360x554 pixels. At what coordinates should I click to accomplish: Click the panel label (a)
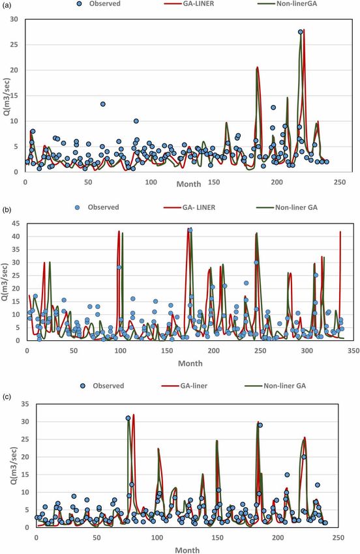click(7, 7)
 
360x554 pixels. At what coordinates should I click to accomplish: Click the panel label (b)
click(7, 209)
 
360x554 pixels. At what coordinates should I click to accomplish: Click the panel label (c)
click(7, 396)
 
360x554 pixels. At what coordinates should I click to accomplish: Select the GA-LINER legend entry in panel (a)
click(188, 4)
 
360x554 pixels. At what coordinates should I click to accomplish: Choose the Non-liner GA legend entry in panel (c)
click(275, 386)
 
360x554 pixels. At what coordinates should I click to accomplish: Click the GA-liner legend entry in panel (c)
click(185, 386)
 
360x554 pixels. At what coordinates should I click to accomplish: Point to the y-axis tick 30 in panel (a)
click(14, 19)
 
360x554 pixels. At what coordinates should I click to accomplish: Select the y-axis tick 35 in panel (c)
click(24, 404)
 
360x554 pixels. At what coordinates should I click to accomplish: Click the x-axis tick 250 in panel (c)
click(338, 538)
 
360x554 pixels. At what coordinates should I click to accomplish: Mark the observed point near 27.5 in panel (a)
click(300, 32)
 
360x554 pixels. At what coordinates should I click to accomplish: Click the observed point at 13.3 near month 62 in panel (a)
click(102, 104)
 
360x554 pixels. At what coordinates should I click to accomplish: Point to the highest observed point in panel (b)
click(190, 230)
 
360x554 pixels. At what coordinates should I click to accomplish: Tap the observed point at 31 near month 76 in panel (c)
click(128, 418)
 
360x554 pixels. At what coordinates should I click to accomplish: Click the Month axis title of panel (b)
click(190, 363)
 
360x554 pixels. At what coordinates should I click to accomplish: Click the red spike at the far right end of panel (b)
click(340, 283)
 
